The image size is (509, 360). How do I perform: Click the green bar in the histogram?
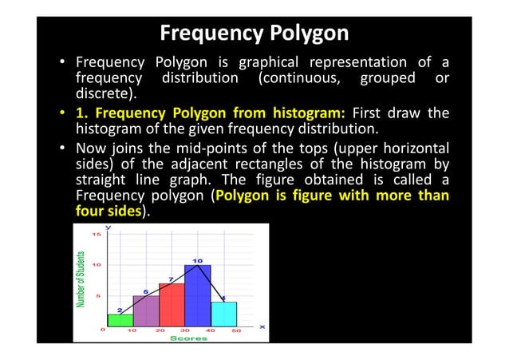click(x=120, y=319)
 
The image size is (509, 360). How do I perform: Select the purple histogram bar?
click(x=146, y=311)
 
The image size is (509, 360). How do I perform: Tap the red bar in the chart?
click(x=172, y=304)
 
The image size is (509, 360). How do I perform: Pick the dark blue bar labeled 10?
click(x=197, y=295)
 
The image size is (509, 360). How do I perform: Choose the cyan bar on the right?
click(x=223, y=314)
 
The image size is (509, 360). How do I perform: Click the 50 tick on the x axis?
click(x=237, y=330)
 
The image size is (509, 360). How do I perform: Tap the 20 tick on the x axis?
click(x=160, y=330)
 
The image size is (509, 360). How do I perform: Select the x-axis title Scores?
click(x=189, y=338)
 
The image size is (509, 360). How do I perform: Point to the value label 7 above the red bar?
click(x=171, y=279)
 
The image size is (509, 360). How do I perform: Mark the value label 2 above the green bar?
click(x=120, y=310)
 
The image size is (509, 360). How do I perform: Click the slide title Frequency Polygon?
click(x=254, y=34)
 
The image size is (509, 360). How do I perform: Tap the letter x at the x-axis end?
click(x=262, y=326)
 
